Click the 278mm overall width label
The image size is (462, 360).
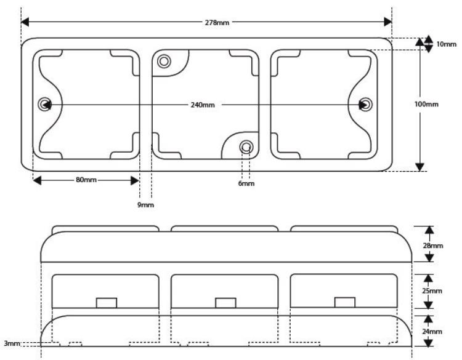(x=217, y=22)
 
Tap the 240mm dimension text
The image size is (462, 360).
(x=203, y=105)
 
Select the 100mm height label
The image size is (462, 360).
(x=426, y=104)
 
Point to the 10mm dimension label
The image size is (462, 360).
(x=446, y=44)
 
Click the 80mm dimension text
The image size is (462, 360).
(x=86, y=180)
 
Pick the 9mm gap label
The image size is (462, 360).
(x=145, y=204)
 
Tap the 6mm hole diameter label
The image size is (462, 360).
(x=246, y=183)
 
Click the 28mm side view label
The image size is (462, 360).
(x=433, y=246)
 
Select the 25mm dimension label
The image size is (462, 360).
(x=432, y=291)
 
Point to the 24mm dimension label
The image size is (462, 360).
(x=432, y=332)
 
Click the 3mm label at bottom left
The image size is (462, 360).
(x=12, y=343)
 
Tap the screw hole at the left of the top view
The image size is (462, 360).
(x=44, y=104)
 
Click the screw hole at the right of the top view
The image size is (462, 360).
(x=366, y=105)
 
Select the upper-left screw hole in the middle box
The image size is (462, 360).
(x=164, y=61)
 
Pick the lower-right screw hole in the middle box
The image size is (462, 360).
(x=246, y=146)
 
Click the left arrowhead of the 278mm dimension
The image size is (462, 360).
(x=25, y=22)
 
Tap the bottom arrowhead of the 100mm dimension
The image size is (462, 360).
(x=419, y=167)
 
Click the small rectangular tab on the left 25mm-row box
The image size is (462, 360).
(x=107, y=303)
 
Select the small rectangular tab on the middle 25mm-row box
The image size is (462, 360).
(x=225, y=303)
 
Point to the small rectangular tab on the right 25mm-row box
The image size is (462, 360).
(x=345, y=302)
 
